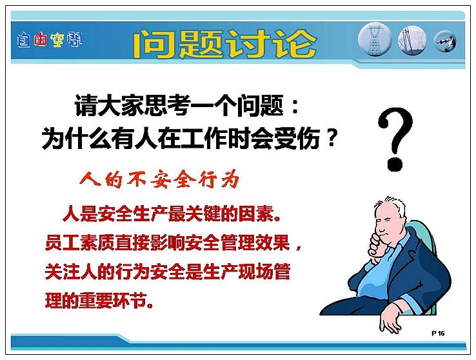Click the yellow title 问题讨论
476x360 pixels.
tap(224, 43)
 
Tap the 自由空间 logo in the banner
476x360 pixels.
tap(50, 40)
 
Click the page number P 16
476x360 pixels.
tap(438, 334)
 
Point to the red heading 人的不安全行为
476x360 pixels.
tap(160, 180)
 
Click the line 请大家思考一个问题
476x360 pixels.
tap(179, 106)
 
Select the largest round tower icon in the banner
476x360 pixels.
tap(375, 39)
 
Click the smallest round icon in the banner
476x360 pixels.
tap(445, 41)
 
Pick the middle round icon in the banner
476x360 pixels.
tap(412, 40)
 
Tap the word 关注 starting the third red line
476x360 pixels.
tap(63, 272)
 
